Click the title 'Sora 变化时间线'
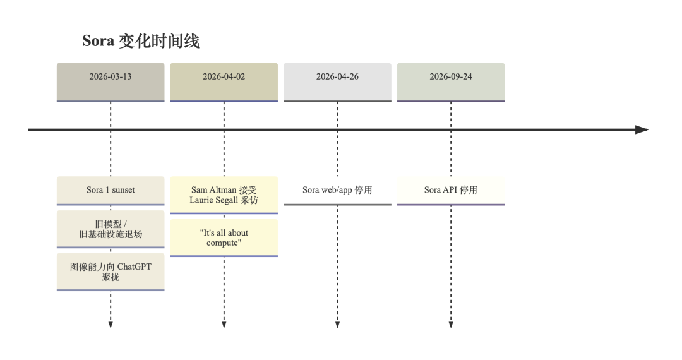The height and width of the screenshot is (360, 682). pos(141,41)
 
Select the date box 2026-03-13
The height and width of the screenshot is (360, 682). pos(111,83)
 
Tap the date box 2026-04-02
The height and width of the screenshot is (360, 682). pos(224,83)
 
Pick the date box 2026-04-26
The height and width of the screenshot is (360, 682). pos(337,83)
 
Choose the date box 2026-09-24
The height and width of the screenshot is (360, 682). pos(451,83)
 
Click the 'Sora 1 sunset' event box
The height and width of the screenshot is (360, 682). pos(111,191)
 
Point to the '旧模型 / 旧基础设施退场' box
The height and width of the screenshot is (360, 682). pos(111,229)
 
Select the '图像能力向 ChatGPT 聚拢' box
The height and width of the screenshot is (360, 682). pos(111,272)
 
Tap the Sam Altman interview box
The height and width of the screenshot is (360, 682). pos(224,195)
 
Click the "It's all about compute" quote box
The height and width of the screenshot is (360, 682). pos(224,238)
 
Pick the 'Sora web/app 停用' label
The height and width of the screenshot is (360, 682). pos(337,190)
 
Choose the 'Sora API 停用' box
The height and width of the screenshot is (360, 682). pos(451,191)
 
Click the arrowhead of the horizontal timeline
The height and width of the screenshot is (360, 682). pos(642,129)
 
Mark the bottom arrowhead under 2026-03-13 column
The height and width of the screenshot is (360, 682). pos(111,325)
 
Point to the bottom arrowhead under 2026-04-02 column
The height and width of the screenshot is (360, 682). pos(224,325)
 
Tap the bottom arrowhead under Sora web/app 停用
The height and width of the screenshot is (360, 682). pos(337,325)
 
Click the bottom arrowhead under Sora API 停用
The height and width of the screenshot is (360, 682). pos(451,325)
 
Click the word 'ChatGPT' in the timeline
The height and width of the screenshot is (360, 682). pos(135,267)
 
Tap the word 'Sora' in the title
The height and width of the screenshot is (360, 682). pos(99,41)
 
